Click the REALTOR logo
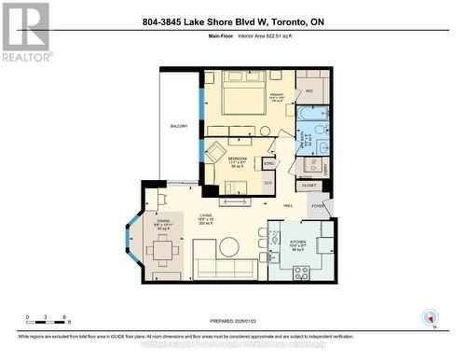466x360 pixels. (x=25, y=33)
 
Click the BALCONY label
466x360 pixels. (x=178, y=126)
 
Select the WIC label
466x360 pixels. (x=308, y=90)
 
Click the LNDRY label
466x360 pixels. (x=324, y=167)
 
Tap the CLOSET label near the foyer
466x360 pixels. (x=309, y=185)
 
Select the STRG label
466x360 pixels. (x=268, y=164)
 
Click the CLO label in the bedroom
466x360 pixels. (x=267, y=183)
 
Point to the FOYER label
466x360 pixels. (x=317, y=206)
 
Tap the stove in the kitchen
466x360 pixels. (x=302, y=272)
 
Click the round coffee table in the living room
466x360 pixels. (x=228, y=247)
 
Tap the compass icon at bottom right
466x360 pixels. (x=430, y=318)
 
